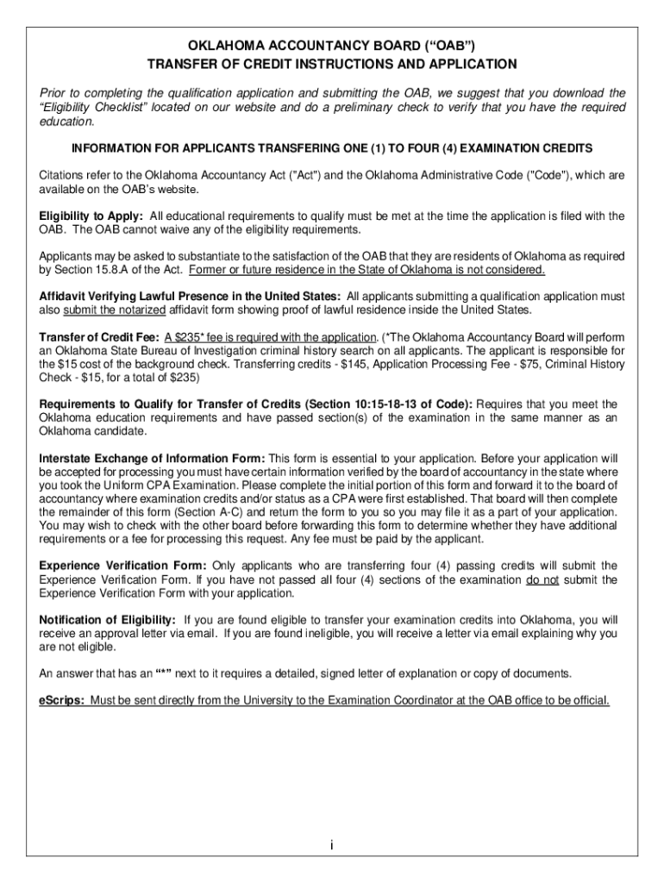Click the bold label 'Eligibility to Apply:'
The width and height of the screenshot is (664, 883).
coord(91,216)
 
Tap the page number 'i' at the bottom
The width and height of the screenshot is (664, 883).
coord(332,845)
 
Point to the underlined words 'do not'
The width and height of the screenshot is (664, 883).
coord(542,579)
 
